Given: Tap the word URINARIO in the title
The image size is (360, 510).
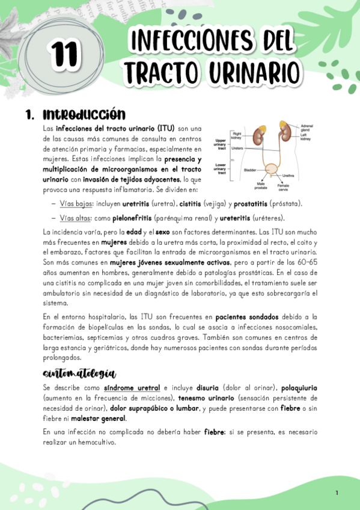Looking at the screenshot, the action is (x=254, y=72).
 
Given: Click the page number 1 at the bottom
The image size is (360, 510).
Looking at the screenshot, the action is (x=337, y=493).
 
